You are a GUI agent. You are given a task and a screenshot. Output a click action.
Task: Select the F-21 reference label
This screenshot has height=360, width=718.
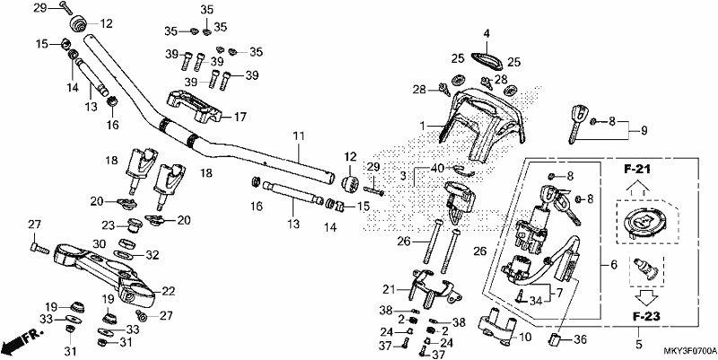click(636, 170)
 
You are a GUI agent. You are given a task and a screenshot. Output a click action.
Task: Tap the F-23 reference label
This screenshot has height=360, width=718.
click(647, 317)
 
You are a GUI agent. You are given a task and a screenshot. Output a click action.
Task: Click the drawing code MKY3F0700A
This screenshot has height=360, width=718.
click(690, 351)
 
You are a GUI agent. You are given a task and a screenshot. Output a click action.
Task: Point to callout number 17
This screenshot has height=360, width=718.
click(241, 118)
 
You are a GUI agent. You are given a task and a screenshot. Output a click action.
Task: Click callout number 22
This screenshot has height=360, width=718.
click(169, 291)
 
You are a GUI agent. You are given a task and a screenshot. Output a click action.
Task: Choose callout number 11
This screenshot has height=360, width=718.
click(299, 136)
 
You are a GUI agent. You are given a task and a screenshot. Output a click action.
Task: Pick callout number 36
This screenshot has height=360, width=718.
click(580, 340)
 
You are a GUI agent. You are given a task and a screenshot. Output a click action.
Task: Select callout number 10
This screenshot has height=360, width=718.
click(526, 338)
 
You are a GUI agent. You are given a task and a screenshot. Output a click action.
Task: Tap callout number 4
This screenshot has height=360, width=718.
click(486, 33)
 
